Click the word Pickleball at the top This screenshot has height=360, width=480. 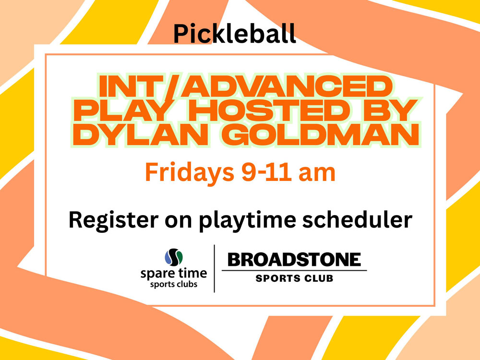point(235,34)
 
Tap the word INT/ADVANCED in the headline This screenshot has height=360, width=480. point(245,86)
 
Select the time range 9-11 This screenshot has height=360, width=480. point(266,172)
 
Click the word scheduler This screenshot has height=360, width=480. point(357,219)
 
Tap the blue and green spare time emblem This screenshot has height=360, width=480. point(174,257)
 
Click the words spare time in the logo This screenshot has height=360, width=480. point(174,274)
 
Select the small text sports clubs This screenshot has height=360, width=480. point(174,284)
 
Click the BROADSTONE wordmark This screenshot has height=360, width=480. point(294,260)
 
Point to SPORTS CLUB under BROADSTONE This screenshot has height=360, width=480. point(294,278)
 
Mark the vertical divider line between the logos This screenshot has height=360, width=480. point(214,268)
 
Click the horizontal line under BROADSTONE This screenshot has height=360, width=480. point(294,271)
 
